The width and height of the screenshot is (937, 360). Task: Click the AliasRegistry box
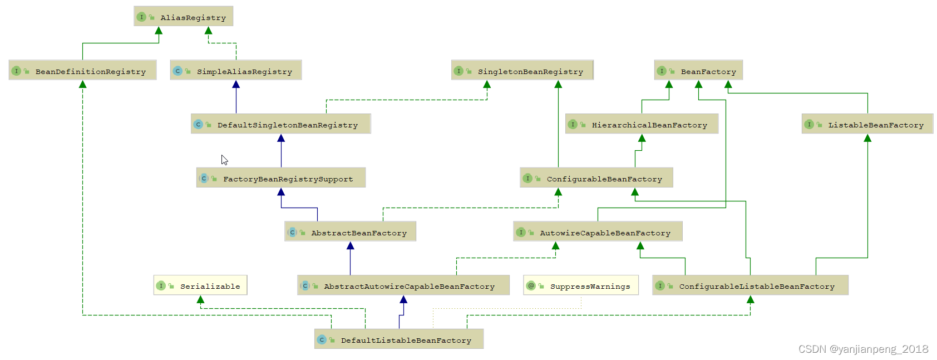pyautogui.click(x=183, y=17)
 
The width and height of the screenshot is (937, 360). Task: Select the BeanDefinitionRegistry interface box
pyautogui.click(x=82, y=71)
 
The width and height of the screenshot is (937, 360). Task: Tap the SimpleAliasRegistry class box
pyautogui.click(x=236, y=71)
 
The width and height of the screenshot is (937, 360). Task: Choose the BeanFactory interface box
pyautogui.click(x=698, y=71)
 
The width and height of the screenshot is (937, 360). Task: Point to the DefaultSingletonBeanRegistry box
pyautogui.click(x=281, y=124)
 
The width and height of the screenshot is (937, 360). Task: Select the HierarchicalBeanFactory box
pyautogui.click(x=642, y=124)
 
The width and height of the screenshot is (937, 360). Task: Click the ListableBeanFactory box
pyautogui.click(x=867, y=124)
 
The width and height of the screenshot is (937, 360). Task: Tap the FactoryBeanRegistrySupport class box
pyautogui.click(x=281, y=178)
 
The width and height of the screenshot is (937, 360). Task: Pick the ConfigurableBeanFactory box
pyautogui.click(x=596, y=178)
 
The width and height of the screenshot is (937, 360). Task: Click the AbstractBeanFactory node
pyautogui.click(x=350, y=232)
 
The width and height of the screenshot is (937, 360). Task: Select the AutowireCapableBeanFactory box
pyautogui.click(x=598, y=232)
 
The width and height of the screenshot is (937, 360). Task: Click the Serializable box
pyautogui.click(x=200, y=285)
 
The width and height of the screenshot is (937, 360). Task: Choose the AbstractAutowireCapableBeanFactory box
pyautogui.click(x=403, y=285)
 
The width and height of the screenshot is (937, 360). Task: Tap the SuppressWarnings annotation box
pyautogui.click(x=581, y=285)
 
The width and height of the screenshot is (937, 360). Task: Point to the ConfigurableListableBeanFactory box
pyautogui.click(x=750, y=285)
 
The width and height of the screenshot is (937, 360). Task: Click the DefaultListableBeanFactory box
pyautogui.click(x=399, y=339)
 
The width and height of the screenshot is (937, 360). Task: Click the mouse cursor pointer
pyautogui.click(x=224, y=160)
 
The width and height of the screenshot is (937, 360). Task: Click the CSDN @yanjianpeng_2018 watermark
pyautogui.click(x=863, y=349)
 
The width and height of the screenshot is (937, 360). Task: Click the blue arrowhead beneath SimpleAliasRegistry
pyautogui.click(x=236, y=85)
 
